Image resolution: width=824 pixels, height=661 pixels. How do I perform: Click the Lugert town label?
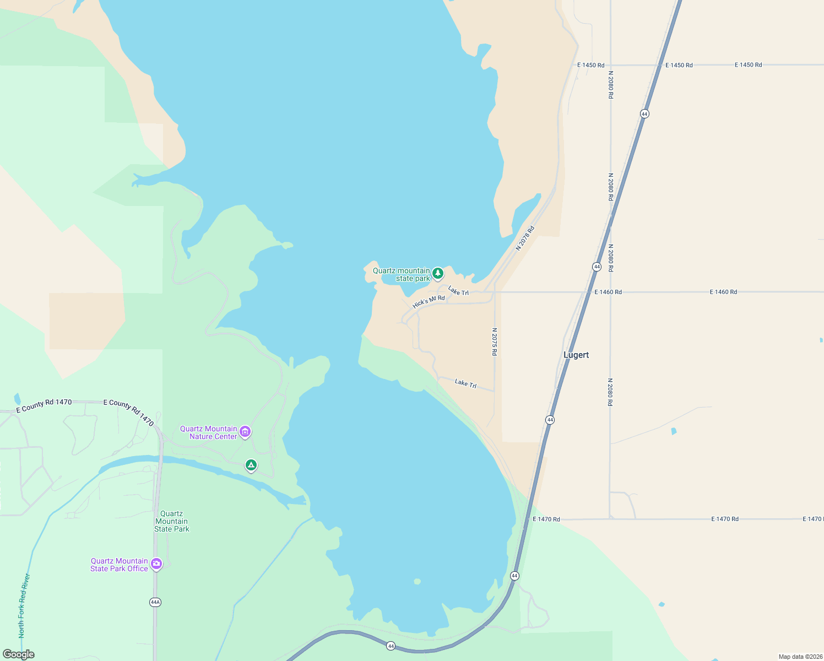(x=576, y=355)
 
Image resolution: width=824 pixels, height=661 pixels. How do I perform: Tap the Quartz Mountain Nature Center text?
(x=209, y=432)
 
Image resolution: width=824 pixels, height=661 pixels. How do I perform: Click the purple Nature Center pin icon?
(x=246, y=432)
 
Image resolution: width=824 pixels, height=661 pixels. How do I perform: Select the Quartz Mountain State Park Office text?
(x=120, y=565)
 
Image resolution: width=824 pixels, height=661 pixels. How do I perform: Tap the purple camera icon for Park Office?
(x=156, y=564)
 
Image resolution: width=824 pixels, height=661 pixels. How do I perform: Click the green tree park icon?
(x=438, y=273)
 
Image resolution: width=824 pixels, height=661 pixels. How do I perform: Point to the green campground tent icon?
(x=251, y=465)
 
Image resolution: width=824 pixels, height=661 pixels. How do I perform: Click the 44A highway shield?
(x=155, y=602)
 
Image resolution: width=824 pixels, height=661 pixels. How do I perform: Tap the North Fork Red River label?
(x=24, y=606)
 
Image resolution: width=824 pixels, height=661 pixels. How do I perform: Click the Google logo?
(x=18, y=654)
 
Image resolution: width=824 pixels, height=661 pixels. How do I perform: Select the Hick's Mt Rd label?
(x=429, y=301)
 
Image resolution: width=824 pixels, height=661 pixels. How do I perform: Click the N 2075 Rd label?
(x=495, y=342)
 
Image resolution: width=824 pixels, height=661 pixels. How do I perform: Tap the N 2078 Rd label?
(x=525, y=238)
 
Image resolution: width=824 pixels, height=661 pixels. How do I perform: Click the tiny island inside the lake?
(x=417, y=581)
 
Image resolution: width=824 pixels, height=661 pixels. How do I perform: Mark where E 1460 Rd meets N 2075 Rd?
(x=495, y=292)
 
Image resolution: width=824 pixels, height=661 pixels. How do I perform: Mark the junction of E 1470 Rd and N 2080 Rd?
(x=610, y=519)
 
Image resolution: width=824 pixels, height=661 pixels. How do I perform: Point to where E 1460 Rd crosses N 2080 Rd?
(x=610, y=292)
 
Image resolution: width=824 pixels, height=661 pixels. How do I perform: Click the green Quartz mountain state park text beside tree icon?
(x=402, y=274)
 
